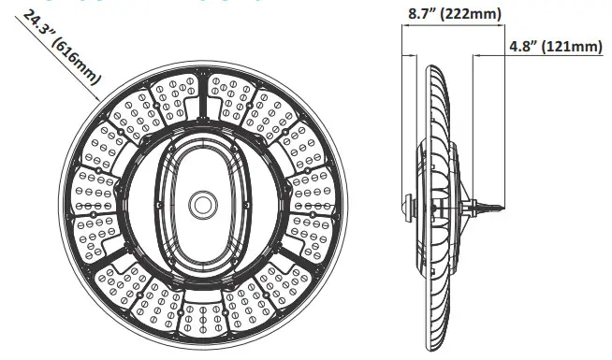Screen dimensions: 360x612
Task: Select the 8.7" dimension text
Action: click(427, 14)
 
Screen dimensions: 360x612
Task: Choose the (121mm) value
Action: click(572, 46)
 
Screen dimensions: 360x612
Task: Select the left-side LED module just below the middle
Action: click(92, 225)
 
